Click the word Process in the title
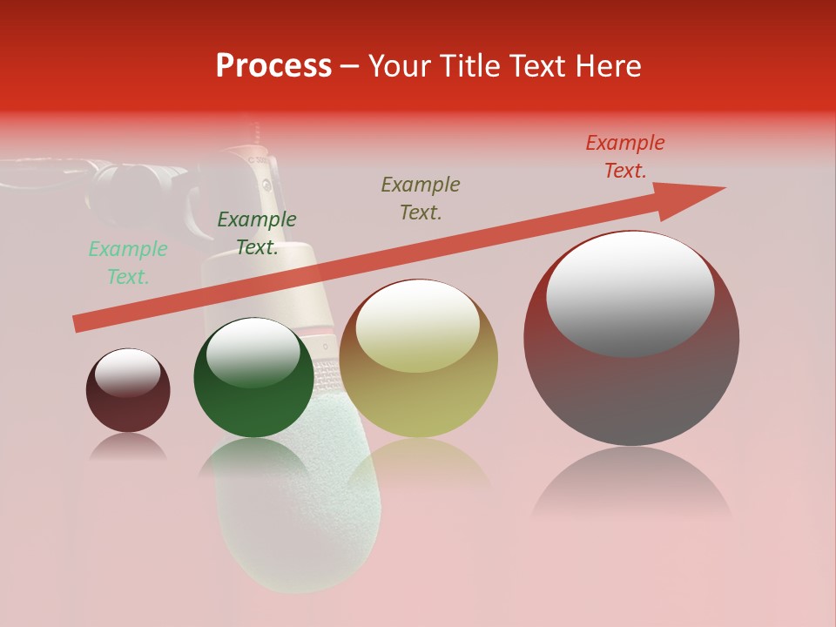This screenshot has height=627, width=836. (273, 66)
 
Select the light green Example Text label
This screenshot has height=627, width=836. (128, 263)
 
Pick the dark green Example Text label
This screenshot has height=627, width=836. (257, 233)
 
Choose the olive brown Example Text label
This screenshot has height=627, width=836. (421, 199)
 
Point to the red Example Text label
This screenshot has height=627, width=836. (625, 157)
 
